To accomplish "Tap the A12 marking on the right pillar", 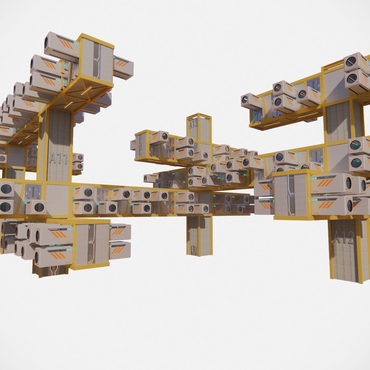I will point(344,238).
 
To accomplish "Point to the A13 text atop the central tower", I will point(193,124).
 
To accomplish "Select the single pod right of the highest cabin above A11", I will point(124,67).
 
